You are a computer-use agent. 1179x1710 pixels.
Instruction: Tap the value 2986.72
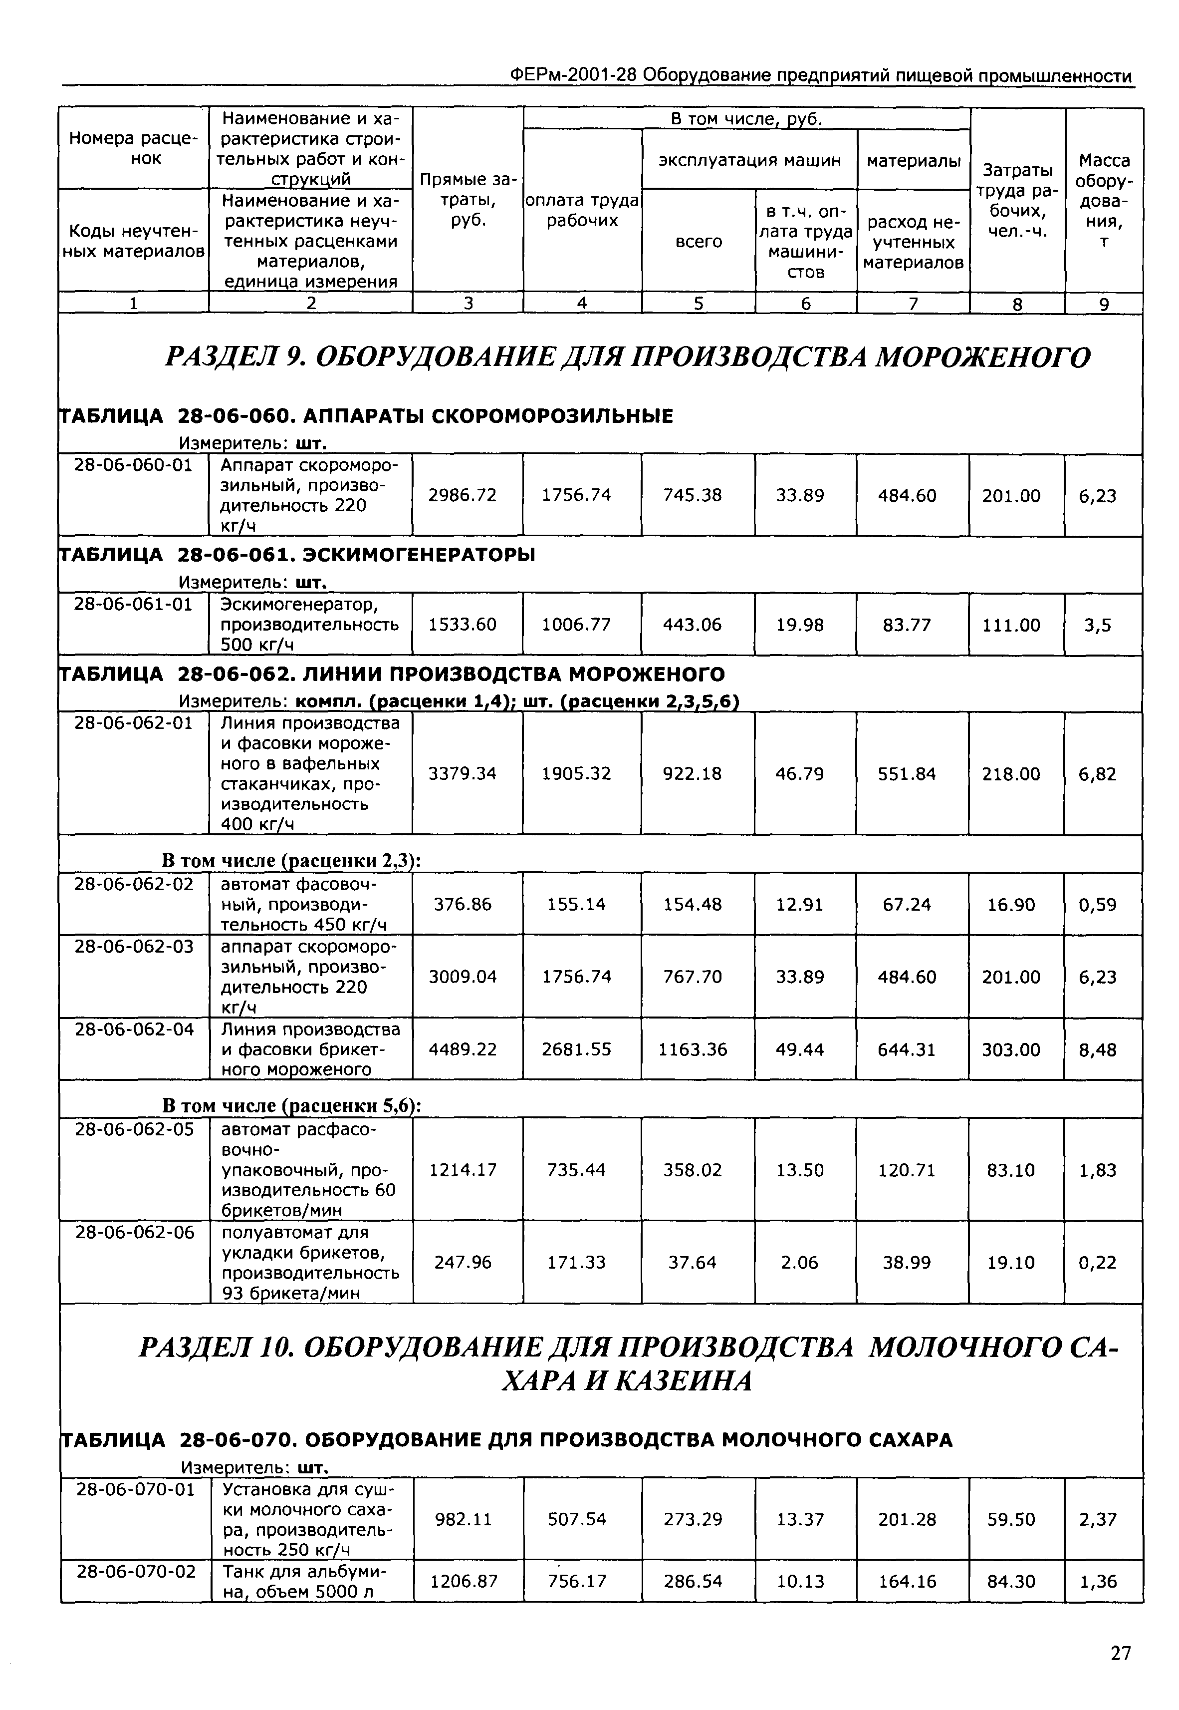pos(463,495)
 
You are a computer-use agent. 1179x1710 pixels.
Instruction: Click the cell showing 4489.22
pos(463,1049)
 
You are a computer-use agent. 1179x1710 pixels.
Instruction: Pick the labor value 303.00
pos(1010,1050)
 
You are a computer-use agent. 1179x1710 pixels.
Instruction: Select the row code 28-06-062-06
pos(134,1232)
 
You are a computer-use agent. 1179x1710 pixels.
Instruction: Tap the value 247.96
pos(463,1262)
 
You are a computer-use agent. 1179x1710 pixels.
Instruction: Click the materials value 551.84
pos(907,774)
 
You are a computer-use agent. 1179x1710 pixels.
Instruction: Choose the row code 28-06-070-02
pos(136,1571)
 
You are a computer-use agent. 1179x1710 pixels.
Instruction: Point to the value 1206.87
pos(464,1581)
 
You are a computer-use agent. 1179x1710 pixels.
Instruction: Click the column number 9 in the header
pos(1104,304)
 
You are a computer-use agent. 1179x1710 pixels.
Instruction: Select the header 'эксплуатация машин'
pos(749,160)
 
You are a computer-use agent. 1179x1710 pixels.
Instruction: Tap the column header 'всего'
pos(698,242)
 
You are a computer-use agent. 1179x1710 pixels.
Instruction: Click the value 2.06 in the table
pos(799,1262)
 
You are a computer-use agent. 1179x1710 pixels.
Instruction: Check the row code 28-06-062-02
pos(134,884)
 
